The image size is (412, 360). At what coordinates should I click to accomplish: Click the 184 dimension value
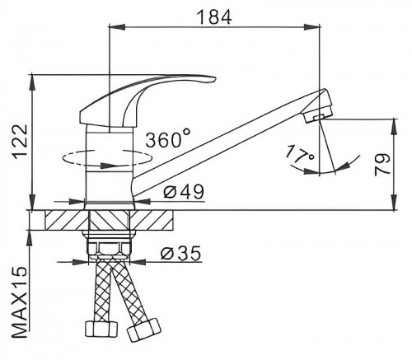click(214, 16)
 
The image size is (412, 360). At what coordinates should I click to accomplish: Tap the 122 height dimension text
click(21, 142)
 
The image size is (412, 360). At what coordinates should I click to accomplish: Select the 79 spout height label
click(382, 164)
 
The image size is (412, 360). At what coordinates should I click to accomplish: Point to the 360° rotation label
click(168, 139)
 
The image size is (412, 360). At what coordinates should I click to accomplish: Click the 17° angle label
click(299, 156)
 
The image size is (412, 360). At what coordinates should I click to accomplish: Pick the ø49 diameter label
click(184, 191)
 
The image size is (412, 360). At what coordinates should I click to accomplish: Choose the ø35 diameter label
click(181, 253)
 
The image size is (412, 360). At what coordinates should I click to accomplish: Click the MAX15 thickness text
click(21, 302)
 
